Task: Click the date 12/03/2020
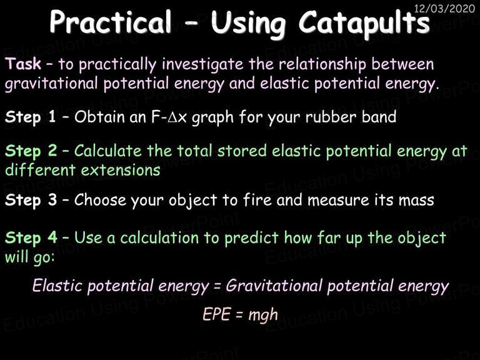point(444,8)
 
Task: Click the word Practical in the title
point(111,21)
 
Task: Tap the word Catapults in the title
point(364,24)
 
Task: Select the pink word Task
point(23,64)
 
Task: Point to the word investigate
point(202,66)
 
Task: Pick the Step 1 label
point(31,117)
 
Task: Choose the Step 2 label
point(31,151)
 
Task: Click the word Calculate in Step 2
point(107,151)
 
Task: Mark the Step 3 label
point(31,201)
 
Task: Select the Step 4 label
point(31,238)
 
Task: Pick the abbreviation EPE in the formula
point(216,314)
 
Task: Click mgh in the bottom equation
point(263,315)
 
